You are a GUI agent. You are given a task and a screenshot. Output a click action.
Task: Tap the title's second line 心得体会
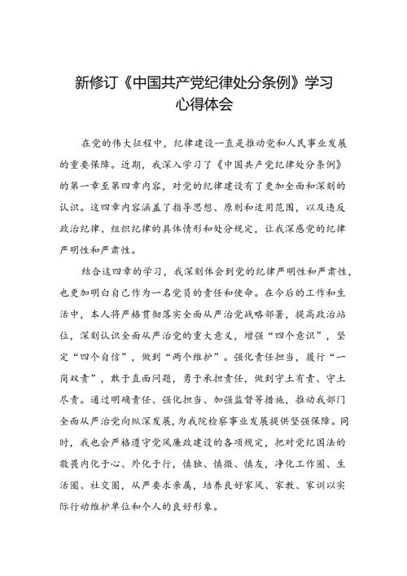(x=203, y=106)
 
